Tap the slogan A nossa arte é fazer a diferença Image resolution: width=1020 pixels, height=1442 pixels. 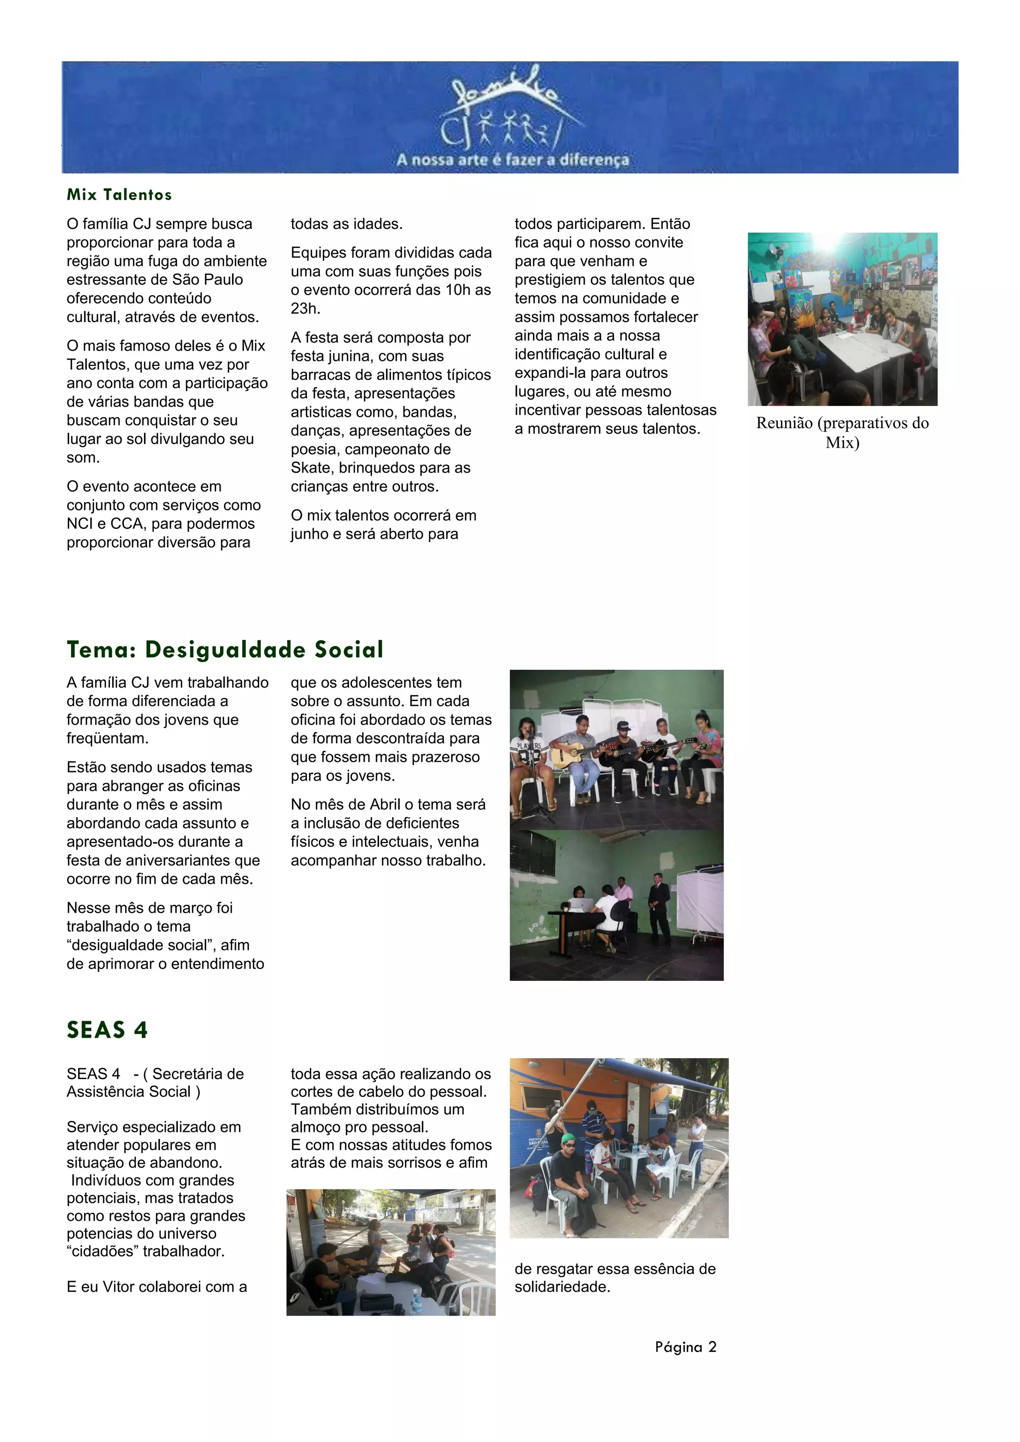tap(512, 160)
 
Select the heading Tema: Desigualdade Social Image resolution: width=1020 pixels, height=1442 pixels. tap(225, 649)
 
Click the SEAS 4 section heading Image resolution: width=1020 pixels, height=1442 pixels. tap(107, 1030)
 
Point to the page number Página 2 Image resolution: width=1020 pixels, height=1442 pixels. tap(685, 1347)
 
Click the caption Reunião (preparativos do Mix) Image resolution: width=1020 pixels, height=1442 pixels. tap(842, 433)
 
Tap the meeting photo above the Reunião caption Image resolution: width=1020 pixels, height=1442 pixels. tap(842, 319)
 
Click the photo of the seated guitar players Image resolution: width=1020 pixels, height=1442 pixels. tap(616, 749)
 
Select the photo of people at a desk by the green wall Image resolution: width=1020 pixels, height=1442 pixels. tap(616, 905)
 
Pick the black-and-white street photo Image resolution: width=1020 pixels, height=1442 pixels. tap(390, 1252)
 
